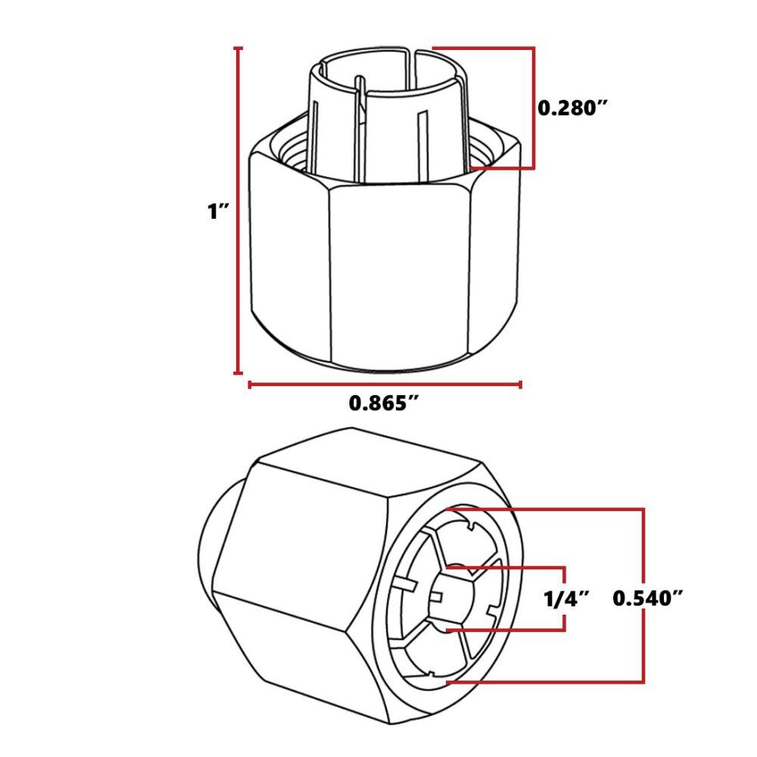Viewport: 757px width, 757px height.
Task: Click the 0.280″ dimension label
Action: tap(573, 107)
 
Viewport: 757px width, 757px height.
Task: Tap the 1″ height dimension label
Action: tap(219, 212)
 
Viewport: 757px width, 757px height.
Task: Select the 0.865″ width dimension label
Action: tap(384, 403)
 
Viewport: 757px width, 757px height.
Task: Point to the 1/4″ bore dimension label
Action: tap(566, 600)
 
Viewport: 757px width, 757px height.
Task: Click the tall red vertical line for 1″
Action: tap(239, 227)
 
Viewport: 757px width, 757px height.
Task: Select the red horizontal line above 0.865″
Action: tap(385, 385)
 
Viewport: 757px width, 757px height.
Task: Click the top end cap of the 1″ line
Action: tap(239, 48)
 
